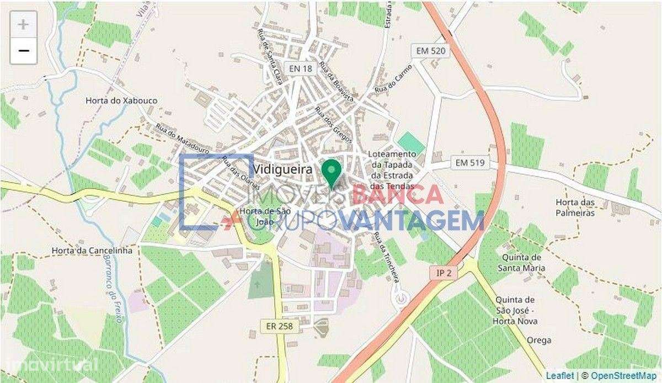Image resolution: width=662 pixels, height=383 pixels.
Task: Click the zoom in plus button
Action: click(x=23, y=24)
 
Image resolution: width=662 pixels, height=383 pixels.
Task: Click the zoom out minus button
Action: click(x=23, y=51)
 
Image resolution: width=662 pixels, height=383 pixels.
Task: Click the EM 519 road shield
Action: click(x=470, y=163)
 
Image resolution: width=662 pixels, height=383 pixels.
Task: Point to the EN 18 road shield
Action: click(x=300, y=68)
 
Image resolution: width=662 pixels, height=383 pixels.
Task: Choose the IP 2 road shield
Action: click(x=440, y=273)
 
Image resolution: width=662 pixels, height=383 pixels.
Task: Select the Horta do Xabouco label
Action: click(x=121, y=101)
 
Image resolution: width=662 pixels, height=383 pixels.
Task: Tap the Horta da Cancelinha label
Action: click(x=92, y=250)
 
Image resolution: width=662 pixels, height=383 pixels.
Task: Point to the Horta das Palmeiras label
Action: click(x=575, y=208)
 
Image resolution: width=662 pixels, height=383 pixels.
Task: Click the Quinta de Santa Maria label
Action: click(x=522, y=263)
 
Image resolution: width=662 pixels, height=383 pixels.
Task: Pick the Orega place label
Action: click(x=538, y=340)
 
